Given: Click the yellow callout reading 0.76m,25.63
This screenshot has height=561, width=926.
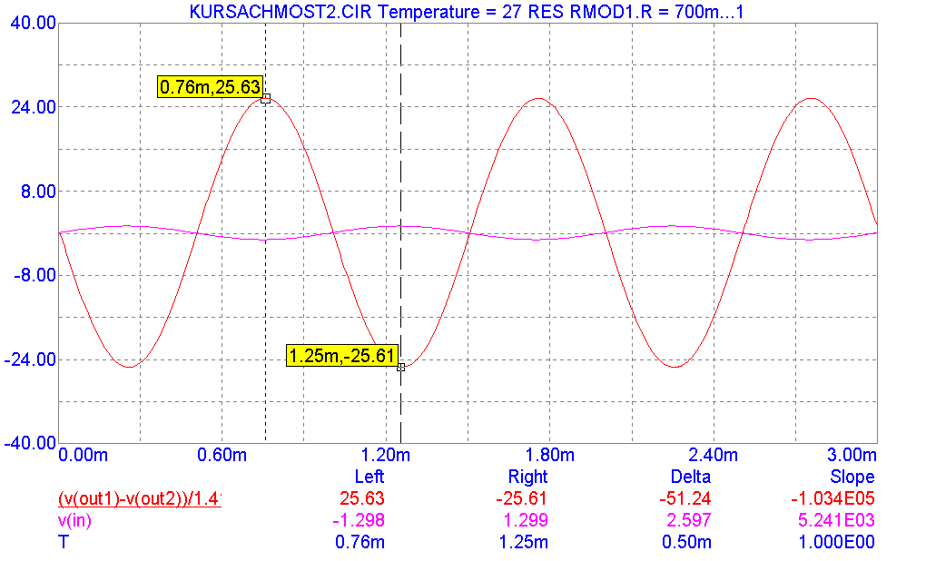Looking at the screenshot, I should point(211,87).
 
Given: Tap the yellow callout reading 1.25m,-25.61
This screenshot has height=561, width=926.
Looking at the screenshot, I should point(341,355).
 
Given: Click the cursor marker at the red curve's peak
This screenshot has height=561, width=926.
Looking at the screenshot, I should point(265,98).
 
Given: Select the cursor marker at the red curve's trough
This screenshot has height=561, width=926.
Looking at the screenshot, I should point(400,367).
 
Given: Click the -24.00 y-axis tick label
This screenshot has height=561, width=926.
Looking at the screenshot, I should point(30,359).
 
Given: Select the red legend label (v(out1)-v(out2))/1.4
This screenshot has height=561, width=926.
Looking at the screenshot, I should point(140,498).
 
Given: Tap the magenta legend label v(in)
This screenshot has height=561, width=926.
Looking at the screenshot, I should point(74,520).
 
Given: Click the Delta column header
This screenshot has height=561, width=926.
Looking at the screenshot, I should point(689,477).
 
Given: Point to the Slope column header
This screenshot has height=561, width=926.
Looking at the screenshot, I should point(852,477).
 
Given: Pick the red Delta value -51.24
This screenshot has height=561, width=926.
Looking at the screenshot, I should point(687,498).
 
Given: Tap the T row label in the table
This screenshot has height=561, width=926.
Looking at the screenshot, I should point(63,542).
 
